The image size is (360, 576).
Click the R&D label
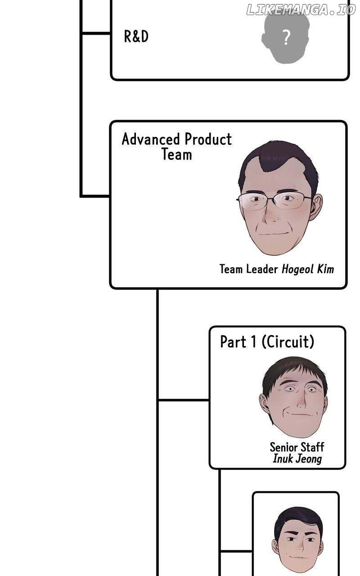point(136,36)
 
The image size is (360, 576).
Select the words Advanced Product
point(176,139)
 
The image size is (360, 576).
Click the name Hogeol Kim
point(308,269)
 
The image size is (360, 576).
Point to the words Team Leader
point(248,269)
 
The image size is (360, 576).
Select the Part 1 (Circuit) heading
point(267,342)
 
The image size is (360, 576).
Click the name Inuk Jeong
point(297,459)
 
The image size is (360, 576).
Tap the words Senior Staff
point(297,447)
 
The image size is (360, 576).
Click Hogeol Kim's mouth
point(273,234)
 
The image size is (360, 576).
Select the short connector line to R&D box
point(96,33)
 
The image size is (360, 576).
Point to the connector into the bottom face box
point(236,551)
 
